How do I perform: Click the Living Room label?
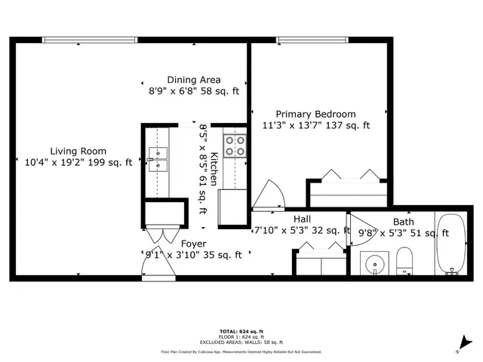pyautogui.click(x=78, y=151)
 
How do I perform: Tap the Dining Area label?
pyautogui.click(x=194, y=80)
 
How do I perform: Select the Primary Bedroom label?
pyautogui.click(x=315, y=114)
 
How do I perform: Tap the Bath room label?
pyautogui.click(x=403, y=222)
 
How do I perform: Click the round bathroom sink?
pyautogui.click(x=371, y=264)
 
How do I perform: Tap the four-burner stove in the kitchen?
pyautogui.click(x=235, y=145)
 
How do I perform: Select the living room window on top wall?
pyautogui.click(x=91, y=40)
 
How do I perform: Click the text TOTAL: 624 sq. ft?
pyautogui.click(x=241, y=331)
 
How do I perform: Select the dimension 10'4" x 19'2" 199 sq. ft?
pyautogui.click(x=78, y=162)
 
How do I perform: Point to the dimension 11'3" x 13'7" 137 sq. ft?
pyautogui.click(x=315, y=126)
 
